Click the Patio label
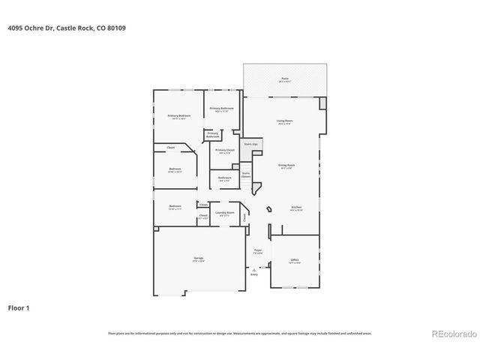[285, 78]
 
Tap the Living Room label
[285, 121]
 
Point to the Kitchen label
[297, 208]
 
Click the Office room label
[295, 261]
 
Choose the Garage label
[199, 259]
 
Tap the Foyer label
[258, 251]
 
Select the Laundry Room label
[225, 213]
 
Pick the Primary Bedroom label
[179, 115]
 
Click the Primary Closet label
[225, 150]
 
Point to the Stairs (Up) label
[251, 142]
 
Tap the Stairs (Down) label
[245, 174]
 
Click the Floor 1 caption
[19, 307]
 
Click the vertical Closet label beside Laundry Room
[244, 218]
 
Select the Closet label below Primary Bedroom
[170, 148]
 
